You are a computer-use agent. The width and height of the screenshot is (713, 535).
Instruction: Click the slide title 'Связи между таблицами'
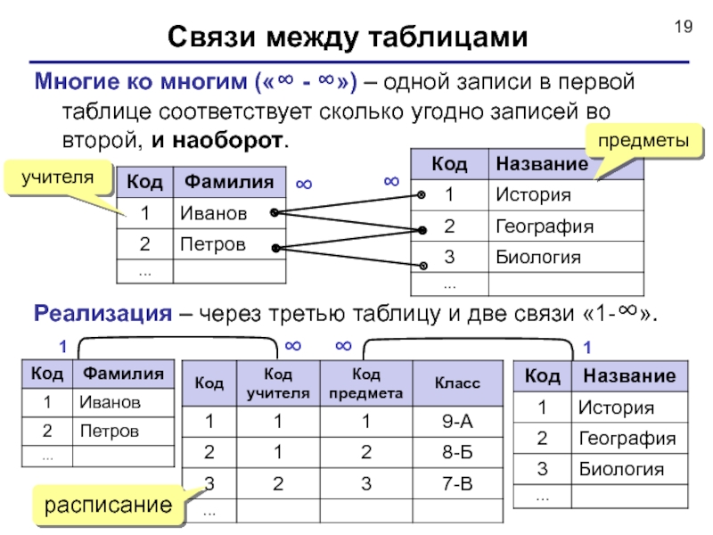pyautogui.click(x=348, y=37)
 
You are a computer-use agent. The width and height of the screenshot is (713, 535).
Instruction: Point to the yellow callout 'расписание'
pyautogui.click(x=109, y=506)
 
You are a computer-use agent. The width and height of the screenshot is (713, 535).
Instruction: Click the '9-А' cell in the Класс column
pyautogui.click(x=457, y=422)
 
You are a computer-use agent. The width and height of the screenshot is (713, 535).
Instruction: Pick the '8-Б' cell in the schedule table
pyautogui.click(x=457, y=452)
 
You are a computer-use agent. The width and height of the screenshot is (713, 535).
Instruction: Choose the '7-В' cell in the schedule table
pyautogui.click(x=457, y=482)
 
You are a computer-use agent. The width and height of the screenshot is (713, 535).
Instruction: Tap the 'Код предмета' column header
pyautogui.click(x=365, y=383)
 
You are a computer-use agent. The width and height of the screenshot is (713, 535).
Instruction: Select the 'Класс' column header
pyautogui.click(x=457, y=383)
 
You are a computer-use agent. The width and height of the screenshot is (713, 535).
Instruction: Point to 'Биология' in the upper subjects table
pyautogui.click(x=538, y=259)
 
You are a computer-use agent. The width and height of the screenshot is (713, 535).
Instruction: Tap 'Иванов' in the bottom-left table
pyautogui.click(x=110, y=402)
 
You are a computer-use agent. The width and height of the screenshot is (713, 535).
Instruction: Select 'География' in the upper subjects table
pyautogui.click(x=545, y=226)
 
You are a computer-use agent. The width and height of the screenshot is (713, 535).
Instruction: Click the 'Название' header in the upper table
pyautogui.click(x=542, y=164)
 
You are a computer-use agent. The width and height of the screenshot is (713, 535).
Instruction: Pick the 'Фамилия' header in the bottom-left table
pyautogui.click(x=122, y=373)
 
